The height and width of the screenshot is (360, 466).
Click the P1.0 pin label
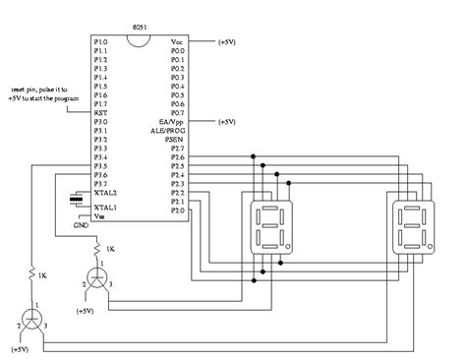coord(100,43)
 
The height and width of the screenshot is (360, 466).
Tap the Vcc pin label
coord(177,43)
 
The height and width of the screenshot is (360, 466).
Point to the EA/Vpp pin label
coord(172,122)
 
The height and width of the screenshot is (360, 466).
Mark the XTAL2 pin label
coord(104,194)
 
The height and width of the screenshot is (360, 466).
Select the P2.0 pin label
coord(176,210)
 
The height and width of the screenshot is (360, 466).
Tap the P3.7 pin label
coord(100,185)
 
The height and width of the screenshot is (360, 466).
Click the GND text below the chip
coord(82,225)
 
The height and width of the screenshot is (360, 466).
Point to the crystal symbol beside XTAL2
coord(75,201)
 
